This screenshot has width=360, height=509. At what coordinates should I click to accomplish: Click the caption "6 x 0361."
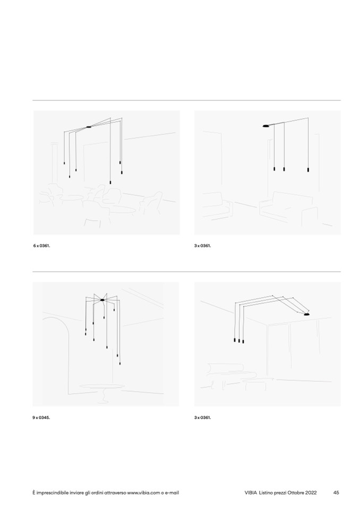(x=41, y=246)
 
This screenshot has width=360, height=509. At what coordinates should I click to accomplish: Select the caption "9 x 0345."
(x=41, y=418)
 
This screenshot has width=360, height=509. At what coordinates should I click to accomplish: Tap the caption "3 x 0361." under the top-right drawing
(x=202, y=246)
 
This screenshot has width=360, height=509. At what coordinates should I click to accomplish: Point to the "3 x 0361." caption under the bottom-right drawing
(x=202, y=418)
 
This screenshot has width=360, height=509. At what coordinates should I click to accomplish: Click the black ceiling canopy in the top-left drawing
(x=89, y=127)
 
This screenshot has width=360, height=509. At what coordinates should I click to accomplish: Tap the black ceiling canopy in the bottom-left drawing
(x=102, y=300)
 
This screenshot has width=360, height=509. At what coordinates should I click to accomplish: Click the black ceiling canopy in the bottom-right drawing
(x=306, y=315)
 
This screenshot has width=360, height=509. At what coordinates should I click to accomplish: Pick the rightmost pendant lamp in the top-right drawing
(x=308, y=169)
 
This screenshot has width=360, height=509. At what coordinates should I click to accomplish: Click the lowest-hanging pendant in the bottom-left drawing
(x=120, y=363)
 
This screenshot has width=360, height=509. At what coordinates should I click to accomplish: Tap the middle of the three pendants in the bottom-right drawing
(x=239, y=341)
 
